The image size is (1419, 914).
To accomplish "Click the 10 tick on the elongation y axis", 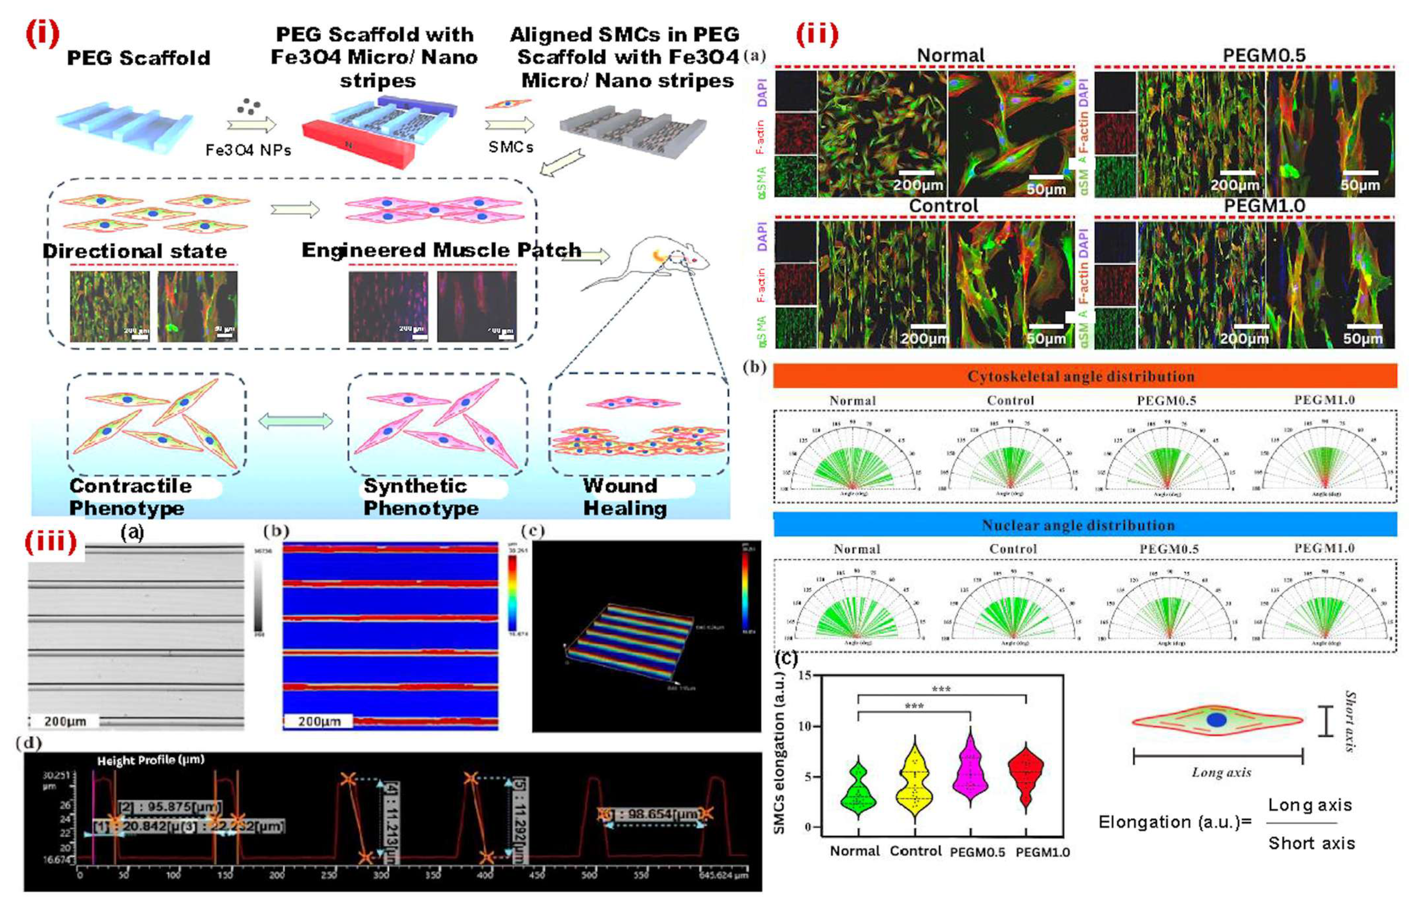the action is point(806,726).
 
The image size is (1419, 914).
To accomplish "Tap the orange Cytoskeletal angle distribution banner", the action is point(1084,376).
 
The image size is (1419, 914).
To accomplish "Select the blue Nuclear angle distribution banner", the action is point(1084,525).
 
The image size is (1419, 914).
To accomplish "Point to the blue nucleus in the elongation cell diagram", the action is point(1216,720).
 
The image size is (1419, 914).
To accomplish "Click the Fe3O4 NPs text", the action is point(248,151).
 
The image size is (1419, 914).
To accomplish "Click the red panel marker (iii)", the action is point(50,541).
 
